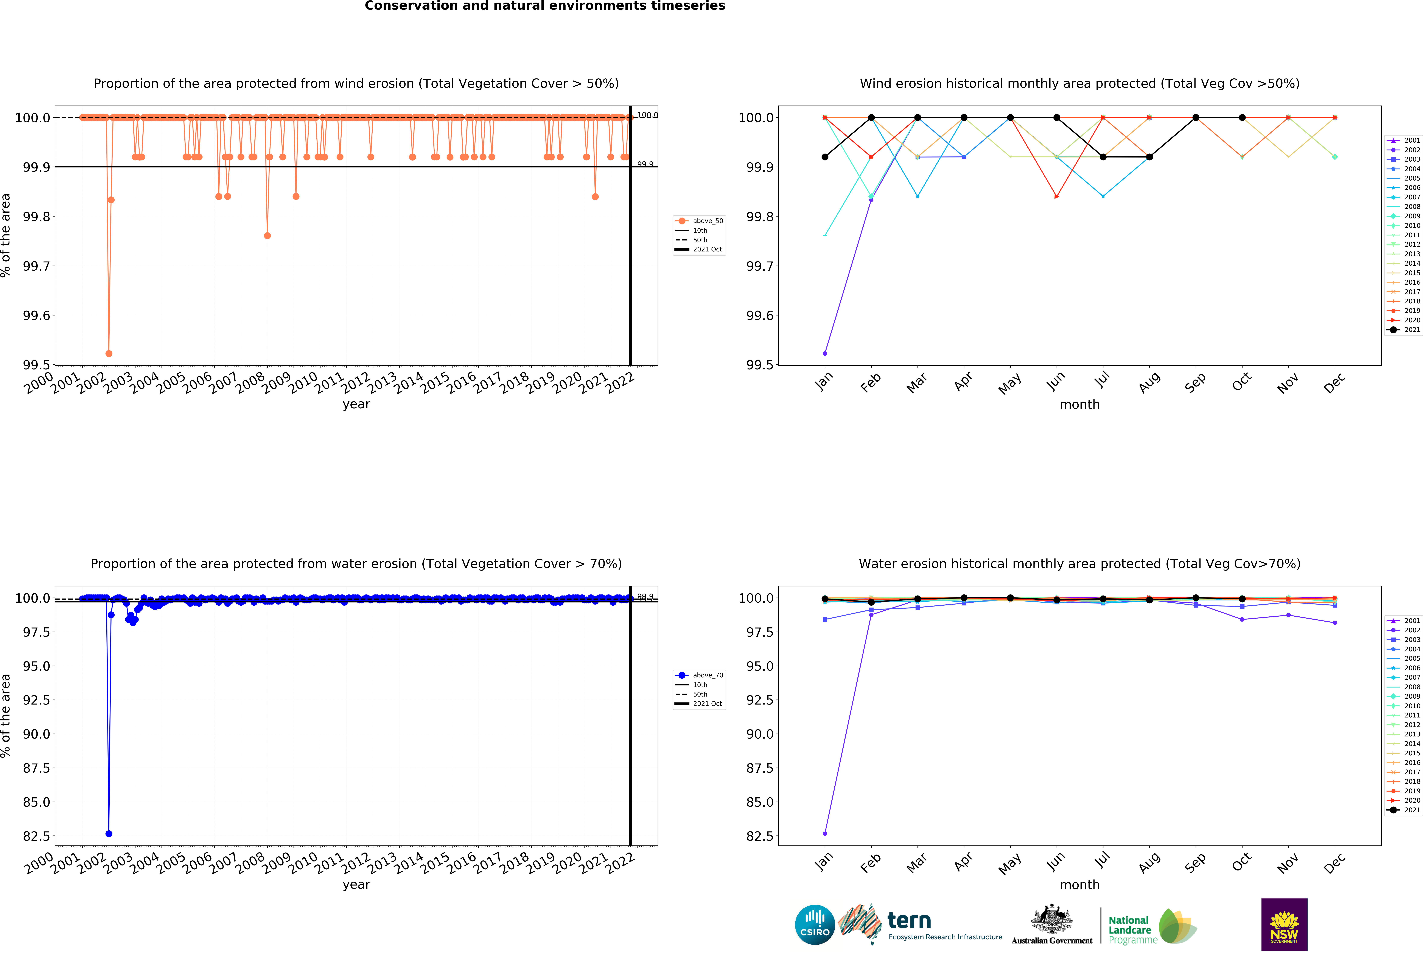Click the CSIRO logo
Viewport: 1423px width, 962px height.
(x=814, y=925)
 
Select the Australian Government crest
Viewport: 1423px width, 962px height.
(x=1051, y=918)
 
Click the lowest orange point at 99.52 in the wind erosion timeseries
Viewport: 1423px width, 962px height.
(x=109, y=353)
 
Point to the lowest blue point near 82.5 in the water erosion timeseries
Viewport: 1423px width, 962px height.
(x=109, y=833)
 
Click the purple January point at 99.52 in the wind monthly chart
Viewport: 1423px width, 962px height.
(x=825, y=353)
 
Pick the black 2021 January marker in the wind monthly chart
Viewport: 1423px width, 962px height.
(x=825, y=157)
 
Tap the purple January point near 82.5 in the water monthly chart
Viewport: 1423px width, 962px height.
(x=825, y=833)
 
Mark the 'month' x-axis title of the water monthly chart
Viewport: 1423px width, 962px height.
(x=1079, y=885)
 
